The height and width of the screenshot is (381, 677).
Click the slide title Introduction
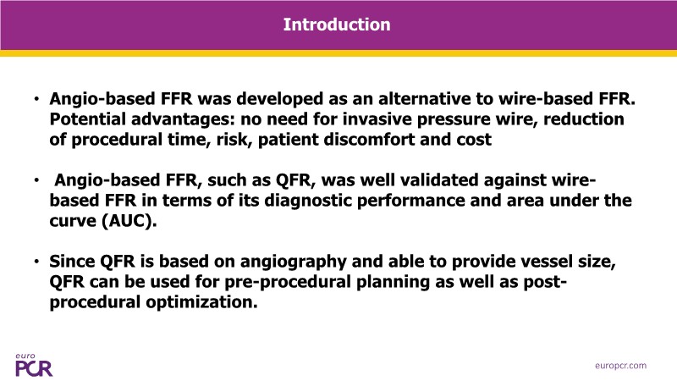click(337, 25)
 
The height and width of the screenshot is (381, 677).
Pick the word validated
click(439, 180)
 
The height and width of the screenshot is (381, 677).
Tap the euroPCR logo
click(34, 365)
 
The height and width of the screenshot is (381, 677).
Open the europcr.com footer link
click(621, 366)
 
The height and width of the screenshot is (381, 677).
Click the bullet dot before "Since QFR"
click(36, 262)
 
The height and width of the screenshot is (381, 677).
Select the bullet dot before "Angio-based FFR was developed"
click(36, 99)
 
